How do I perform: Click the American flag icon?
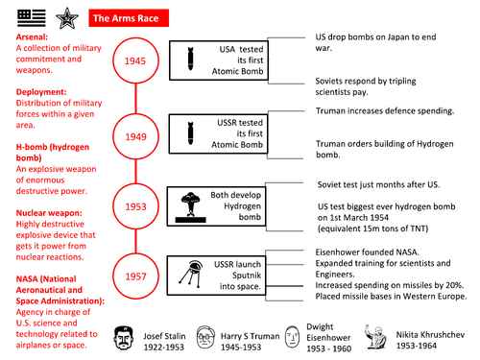[20, 15]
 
